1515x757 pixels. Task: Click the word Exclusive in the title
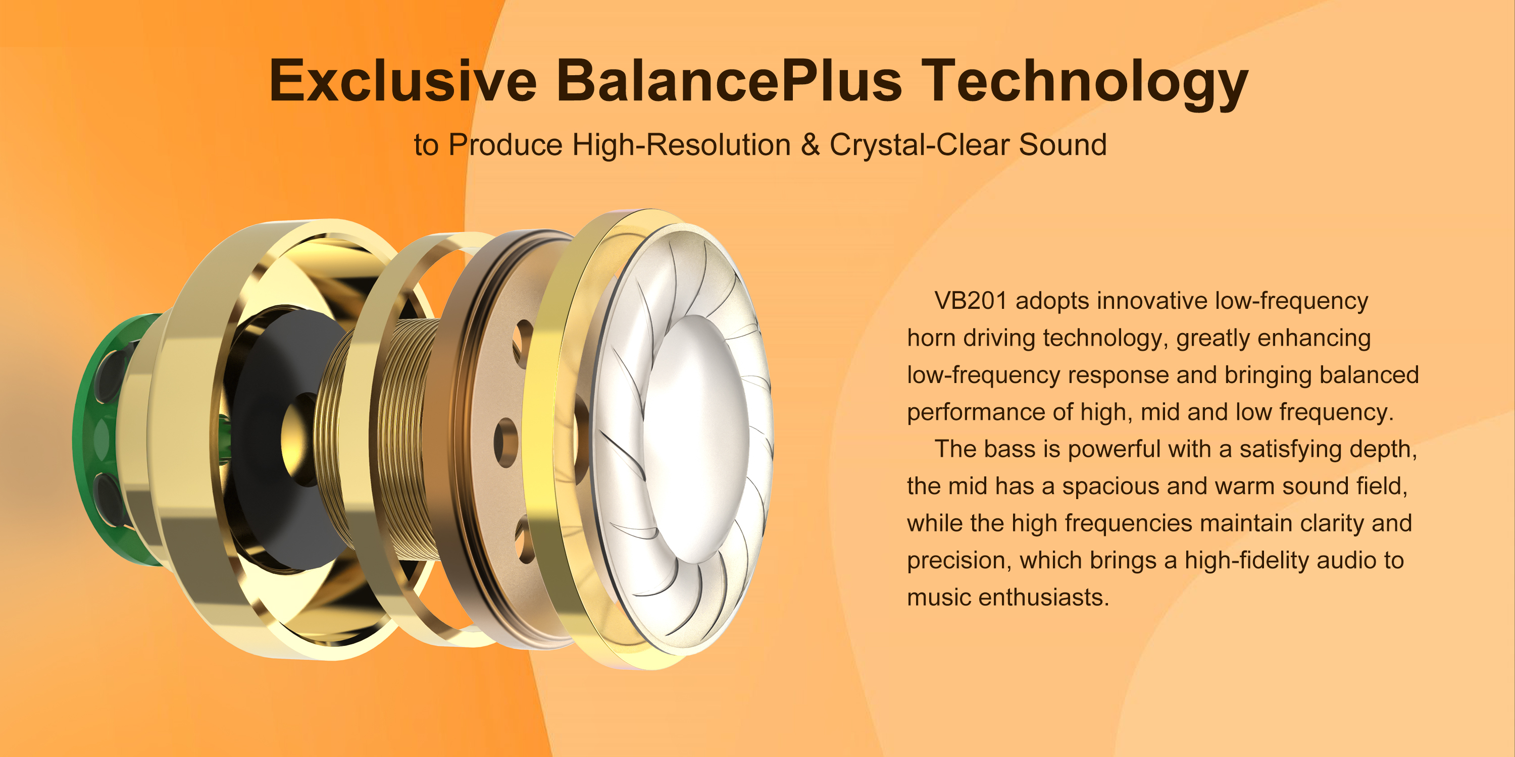403,81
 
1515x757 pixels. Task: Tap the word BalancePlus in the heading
729,81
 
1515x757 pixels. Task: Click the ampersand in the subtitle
810,144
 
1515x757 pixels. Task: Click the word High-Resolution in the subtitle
681,144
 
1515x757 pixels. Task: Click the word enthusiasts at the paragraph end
1043,597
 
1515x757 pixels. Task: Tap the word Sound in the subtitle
1063,144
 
